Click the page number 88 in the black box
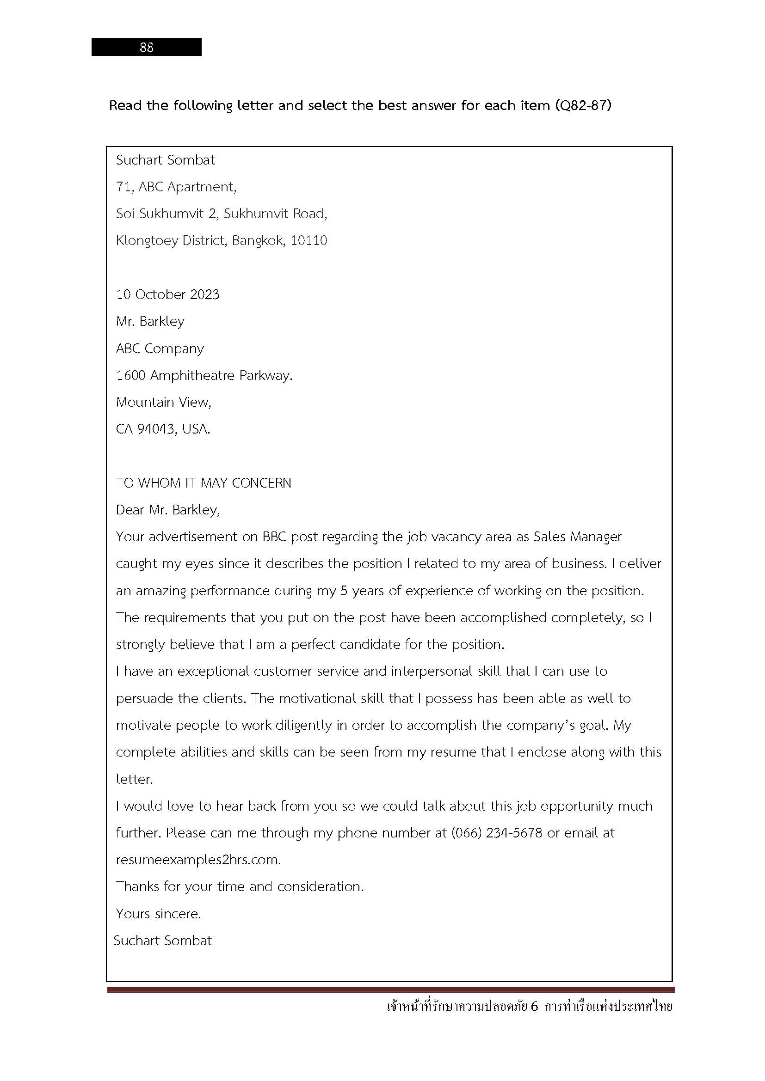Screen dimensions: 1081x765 coord(147,47)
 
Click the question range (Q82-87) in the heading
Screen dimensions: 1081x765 coord(584,105)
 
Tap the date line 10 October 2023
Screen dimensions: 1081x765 coord(168,295)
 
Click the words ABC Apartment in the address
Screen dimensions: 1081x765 coord(186,187)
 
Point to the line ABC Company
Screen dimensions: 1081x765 coord(160,348)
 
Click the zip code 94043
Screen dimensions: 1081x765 coord(156,429)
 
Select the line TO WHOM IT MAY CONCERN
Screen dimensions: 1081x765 coord(204,483)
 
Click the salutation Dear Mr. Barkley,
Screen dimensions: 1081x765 coord(168,510)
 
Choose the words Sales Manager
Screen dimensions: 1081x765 coord(578,537)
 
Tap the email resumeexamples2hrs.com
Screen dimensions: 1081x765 coord(198,860)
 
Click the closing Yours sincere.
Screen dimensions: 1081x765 coord(158,914)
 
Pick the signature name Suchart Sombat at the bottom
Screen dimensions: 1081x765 coord(162,941)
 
